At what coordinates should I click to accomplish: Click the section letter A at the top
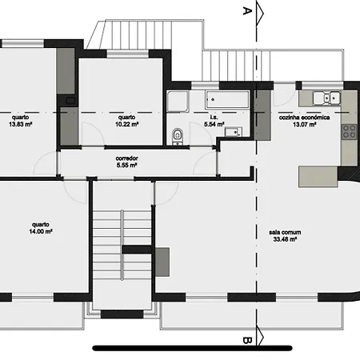tap(247, 10)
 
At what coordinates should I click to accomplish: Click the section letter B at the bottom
tap(247, 341)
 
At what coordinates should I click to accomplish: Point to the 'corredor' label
tap(127, 158)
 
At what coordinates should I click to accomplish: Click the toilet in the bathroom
tap(178, 135)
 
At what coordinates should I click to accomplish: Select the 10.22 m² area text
tap(126, 125)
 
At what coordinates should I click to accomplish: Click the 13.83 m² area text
tap(19, 125)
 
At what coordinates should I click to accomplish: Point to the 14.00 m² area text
tap(42, 231)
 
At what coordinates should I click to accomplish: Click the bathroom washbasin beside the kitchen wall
tap(230, 132)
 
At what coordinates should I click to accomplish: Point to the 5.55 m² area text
tap(127, 166)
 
